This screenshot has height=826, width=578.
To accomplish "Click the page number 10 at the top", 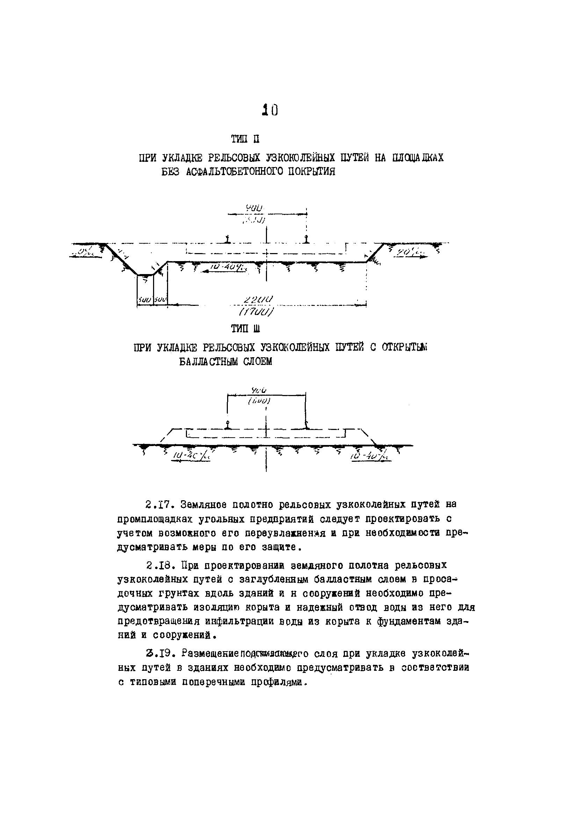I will pos(270,110).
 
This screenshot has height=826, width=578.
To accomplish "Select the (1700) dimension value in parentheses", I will pos(257,311).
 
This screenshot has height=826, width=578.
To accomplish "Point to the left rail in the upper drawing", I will pos(227,238).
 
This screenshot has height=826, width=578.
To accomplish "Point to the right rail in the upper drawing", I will pos(306,238).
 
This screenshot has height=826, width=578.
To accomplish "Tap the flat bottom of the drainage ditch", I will pos(145,275).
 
